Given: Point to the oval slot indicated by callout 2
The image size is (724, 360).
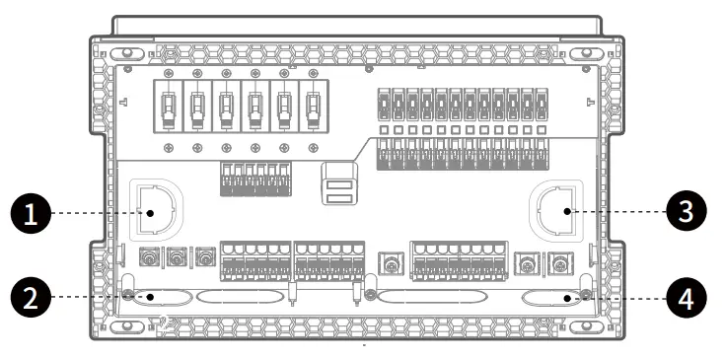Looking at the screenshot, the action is click(157, 295).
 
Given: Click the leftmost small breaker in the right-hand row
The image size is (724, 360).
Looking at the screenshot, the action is click(386, 104).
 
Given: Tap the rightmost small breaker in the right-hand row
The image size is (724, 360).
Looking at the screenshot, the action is click(555, 104).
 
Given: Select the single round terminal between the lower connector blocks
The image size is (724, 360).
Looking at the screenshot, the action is click(391, 263).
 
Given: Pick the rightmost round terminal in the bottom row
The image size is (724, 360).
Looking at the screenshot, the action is click(560, 263).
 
